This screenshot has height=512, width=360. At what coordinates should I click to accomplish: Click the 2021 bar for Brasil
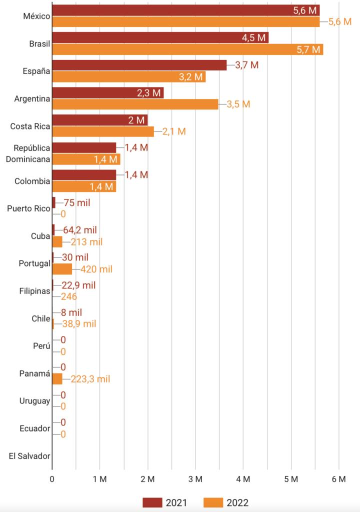point(160,37)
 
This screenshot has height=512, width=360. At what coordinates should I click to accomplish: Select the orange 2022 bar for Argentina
point(135,104)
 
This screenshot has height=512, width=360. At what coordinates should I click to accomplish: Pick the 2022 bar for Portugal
point(62,269)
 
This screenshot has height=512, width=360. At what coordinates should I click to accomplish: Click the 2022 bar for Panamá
point(57,379)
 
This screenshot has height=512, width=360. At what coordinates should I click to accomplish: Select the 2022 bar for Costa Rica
point(103,131)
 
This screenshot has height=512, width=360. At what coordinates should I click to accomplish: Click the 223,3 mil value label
point(90,379)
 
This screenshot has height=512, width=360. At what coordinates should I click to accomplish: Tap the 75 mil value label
point(77,202)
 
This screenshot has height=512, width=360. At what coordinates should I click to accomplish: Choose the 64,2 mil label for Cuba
point(80,230)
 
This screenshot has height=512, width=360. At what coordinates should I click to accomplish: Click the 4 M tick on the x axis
point(243,478)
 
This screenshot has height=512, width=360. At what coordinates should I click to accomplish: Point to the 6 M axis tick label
point(339,478)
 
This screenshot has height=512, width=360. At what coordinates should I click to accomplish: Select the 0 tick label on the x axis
point(52,478)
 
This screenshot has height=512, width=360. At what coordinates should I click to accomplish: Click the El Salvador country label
point(29,456)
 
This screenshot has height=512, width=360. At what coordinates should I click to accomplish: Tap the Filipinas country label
point(34,291)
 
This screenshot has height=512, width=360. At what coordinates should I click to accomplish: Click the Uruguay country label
point(34,401)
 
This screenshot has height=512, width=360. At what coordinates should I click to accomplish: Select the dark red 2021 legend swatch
point(157,502)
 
